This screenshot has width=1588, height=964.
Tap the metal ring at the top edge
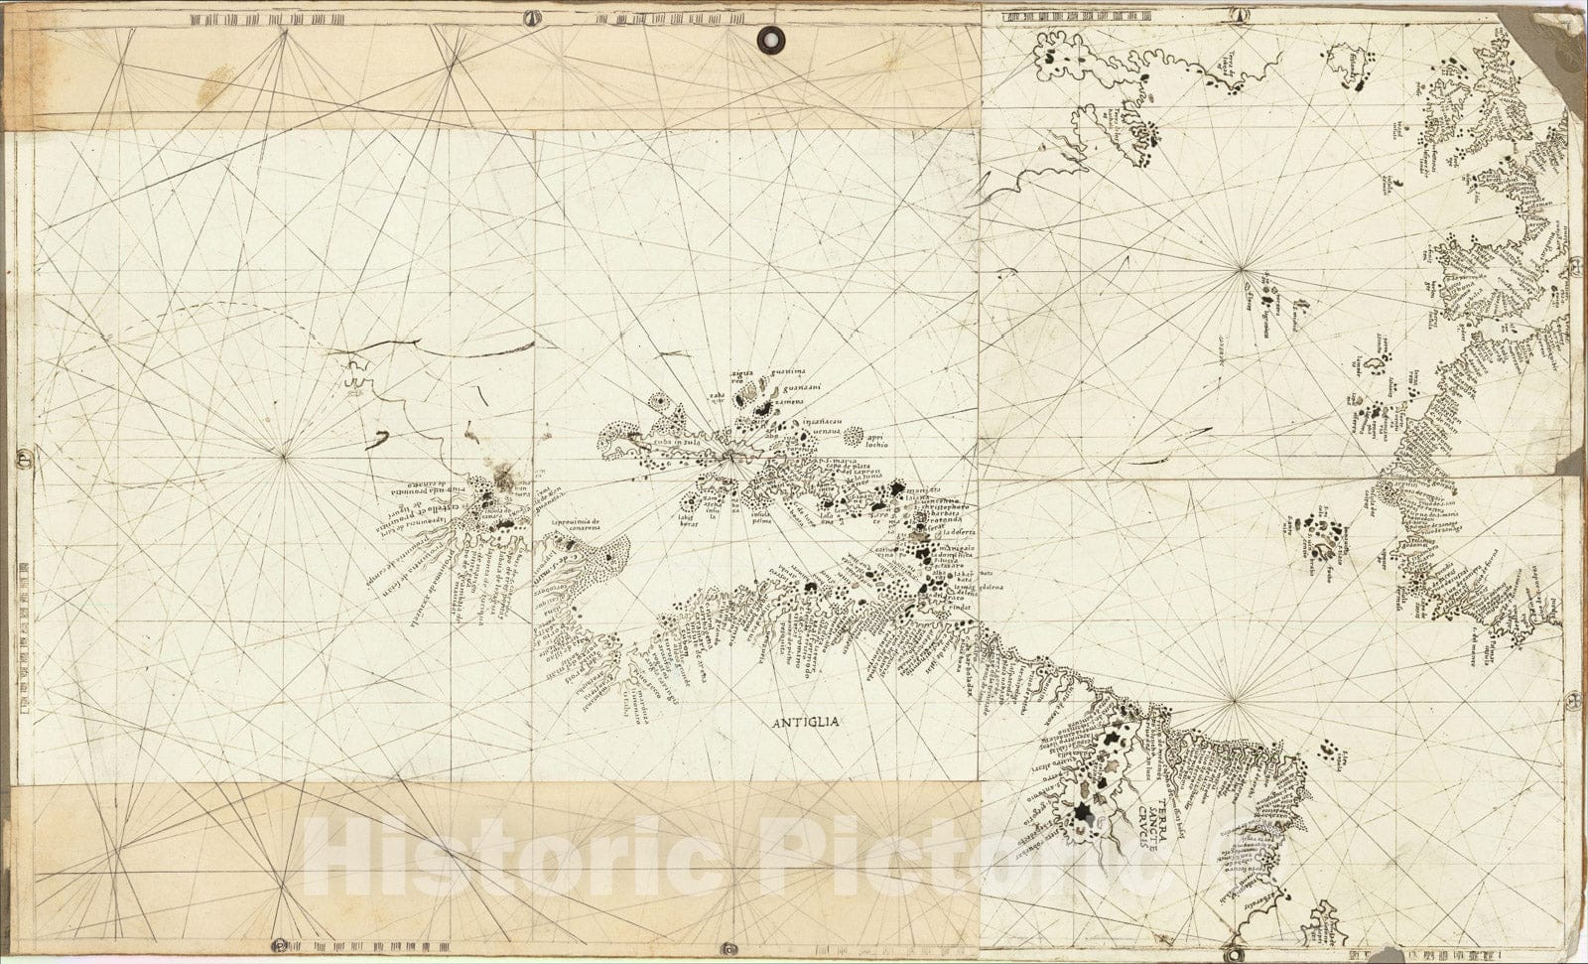768,39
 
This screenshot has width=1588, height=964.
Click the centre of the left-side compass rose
285,456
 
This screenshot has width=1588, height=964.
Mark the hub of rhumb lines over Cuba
728,456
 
